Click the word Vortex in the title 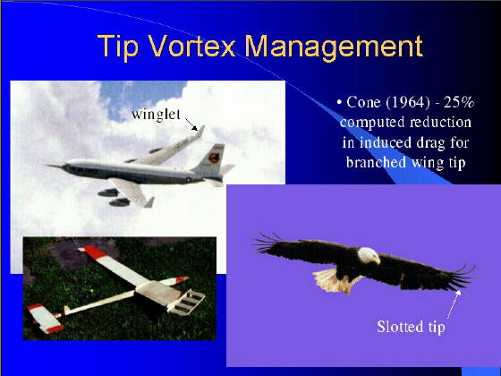click(x=192, y=46)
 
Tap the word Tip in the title click(x=118, y=48)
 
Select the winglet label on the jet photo click(x=157, y=115)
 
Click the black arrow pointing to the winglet click(x=191, y=124)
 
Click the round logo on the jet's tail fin click(x=214, y=158)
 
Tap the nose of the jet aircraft click(x=47, y=166)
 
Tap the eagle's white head click(x=369, y=255)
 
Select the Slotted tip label click(x=411, y=327)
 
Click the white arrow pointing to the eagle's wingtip click(x=454, y=304)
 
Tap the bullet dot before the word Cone click(x=339, y=103)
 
